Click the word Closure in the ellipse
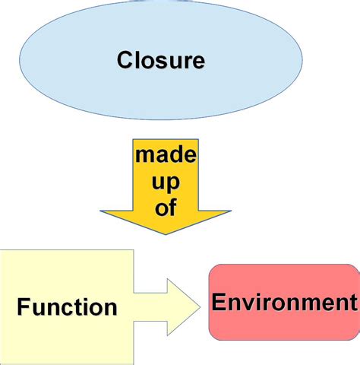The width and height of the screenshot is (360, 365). [160, 60]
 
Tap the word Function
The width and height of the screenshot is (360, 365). [67, 308]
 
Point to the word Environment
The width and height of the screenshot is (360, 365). [284, 303]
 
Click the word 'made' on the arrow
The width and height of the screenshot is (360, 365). [166, 157]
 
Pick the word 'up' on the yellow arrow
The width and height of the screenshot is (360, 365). [165, 182]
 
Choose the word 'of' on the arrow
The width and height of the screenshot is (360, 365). [165, 207]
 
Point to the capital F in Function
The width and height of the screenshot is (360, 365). [23, 308]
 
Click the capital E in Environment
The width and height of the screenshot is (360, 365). [219, 303]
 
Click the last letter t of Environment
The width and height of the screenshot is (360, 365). [352, 303]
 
